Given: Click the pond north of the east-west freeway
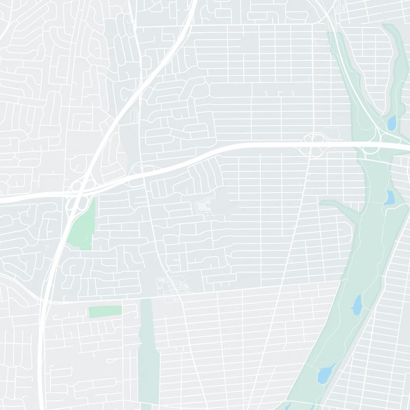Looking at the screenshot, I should tap(392, 123).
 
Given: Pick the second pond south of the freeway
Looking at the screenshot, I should tap(356, 305).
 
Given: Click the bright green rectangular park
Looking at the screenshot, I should tap(105, 311).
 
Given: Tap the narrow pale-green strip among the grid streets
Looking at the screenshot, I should tap(146, 348).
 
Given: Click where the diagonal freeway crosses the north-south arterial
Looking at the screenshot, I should tap(139, 87).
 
